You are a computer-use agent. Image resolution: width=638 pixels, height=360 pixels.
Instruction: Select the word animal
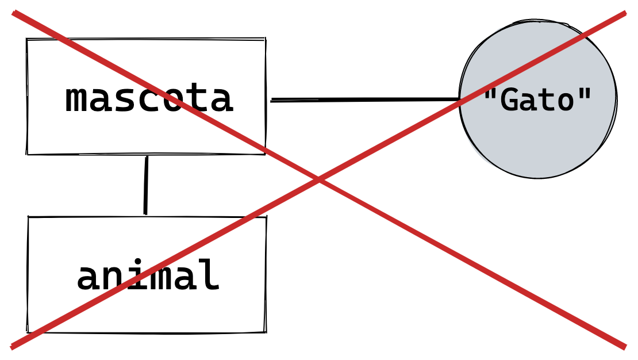[148, 276]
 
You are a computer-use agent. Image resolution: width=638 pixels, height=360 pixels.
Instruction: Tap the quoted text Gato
[537, 101]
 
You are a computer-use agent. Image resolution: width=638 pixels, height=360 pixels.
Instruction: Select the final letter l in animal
[209, 275]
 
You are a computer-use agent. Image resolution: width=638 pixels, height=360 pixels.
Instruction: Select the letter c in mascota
[149, 101]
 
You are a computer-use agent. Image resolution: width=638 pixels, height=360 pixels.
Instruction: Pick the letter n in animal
[112, 277]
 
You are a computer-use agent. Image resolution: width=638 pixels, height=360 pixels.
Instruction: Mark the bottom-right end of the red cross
[624, 346]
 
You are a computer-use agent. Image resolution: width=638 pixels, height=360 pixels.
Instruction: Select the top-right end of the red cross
[624, 13]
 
